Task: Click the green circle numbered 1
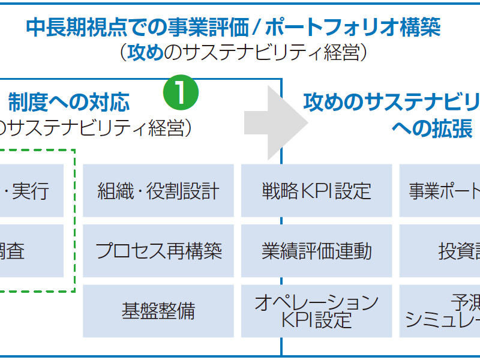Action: pos(181,92)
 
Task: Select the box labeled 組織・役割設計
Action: pos(158,191)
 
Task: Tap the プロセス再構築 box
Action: pos(158,251)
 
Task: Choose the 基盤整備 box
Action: pos(158,311)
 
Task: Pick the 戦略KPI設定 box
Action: pos(316,191)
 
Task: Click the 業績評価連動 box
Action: pos(316,251)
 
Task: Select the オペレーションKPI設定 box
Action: pos(316,311)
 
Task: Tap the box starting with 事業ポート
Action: pos(440,191)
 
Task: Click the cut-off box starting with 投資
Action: pos(440,251)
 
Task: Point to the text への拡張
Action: pos(432,128)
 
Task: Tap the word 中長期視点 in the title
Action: pos(72,27)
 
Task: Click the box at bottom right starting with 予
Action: pos(440,311)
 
